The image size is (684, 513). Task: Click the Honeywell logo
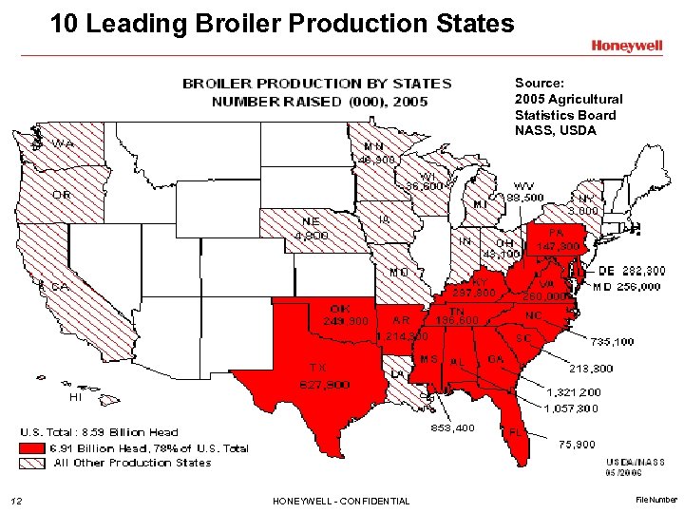click(x=627, y=45)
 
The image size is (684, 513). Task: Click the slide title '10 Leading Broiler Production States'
click(x=282, y=22)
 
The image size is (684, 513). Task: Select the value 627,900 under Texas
click(x=325, y=384)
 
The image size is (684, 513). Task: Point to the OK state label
click(x=340, y=308)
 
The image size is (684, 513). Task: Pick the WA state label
click(x=64, y=143)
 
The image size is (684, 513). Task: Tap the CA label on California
click(x=60, y=286)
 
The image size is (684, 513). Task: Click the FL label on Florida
click(x=518, y=430)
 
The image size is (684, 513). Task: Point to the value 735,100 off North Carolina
click(x=613, y=341)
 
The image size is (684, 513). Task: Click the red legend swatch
click(x=33, y=448)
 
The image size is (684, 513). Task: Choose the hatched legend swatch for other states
click(x=33, y=463)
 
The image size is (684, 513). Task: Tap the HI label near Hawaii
click(x=75, y=396)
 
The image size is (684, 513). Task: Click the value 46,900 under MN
click(x=377, y=160)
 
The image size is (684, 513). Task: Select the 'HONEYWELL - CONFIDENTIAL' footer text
click(x=340, y=501)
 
